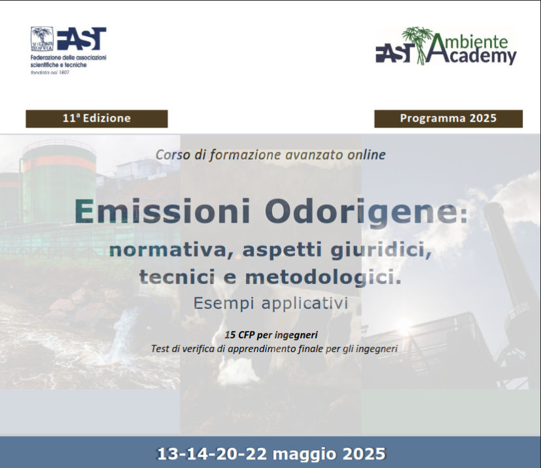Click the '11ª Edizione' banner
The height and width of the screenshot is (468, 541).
tap(97, 118)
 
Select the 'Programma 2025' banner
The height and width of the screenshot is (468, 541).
tap(448, 118)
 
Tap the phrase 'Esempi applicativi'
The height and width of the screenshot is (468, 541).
tap(271, 303)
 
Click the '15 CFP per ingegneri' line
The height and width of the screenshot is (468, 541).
tap(271, 334)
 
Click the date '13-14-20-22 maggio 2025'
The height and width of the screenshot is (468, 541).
tap(271, 454)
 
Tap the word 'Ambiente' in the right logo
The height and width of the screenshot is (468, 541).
tap(471, 41)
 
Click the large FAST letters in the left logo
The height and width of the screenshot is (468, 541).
tap(81, 39)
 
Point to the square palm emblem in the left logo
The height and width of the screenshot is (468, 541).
tap(42, 39)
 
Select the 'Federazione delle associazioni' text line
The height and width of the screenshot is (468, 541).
tap(68, 58)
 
